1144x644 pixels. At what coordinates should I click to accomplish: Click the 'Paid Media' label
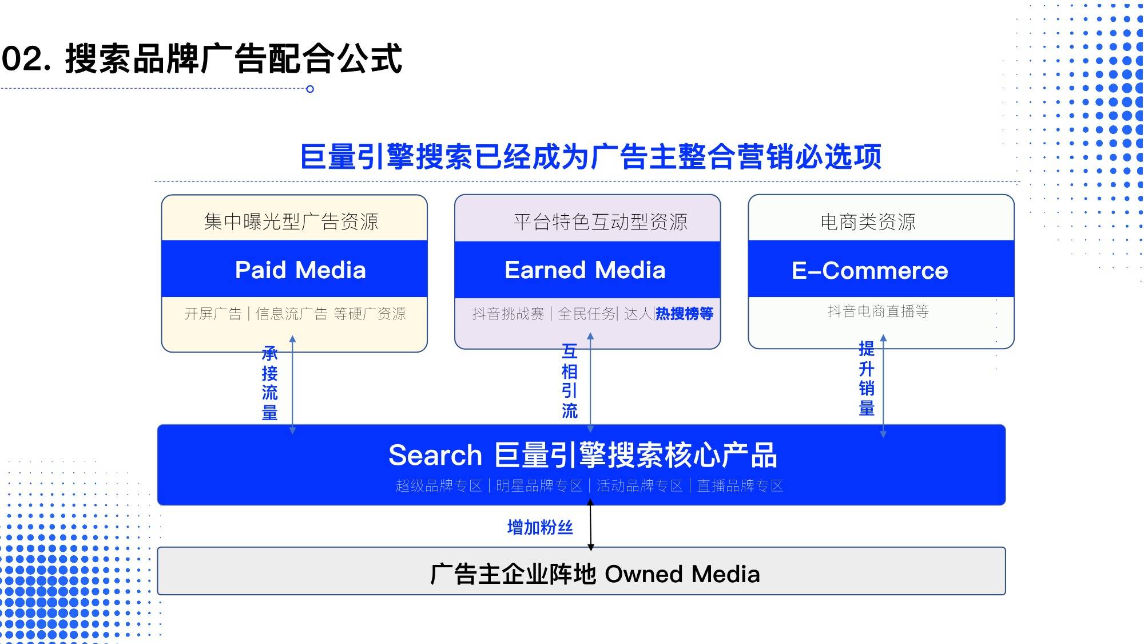pyautogui.click(x=300, y=270)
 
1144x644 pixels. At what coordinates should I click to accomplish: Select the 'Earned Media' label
pyautogui.click(x=585, y=270)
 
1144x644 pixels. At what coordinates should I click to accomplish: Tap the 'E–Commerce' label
pyautogui.click(x=869, y=271)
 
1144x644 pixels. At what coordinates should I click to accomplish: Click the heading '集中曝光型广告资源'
pyautogui.click(x=291, y=222)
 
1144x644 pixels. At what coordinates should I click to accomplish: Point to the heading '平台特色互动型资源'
pyautogui.click(x=600, y=222)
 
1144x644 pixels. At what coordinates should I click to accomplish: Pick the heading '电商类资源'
pyautogui.click(x=868, y=222)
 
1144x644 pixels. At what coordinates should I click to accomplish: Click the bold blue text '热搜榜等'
pyautogui.click(x=684, y=314)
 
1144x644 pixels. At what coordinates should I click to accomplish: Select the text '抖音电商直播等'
pyautogui.click(x=878, y=311)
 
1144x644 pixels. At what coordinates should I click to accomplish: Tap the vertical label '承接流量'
pyautogui.click(x=269, y=383)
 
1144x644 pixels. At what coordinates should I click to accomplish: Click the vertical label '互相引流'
pyautogui.click(x=569, y=381)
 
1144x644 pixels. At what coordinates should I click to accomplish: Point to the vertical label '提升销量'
pyautogui.click(x=867, y=378)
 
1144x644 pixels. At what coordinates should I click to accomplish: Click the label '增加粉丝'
pyautogui.click(x=540, y=527)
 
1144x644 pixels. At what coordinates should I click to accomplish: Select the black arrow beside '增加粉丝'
pyautogui.click(x=590, y=525)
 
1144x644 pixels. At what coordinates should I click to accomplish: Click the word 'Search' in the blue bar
pyautogui.click(x=435, y=456)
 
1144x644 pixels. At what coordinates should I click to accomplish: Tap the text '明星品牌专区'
pyautogui.click(x=539, y=486)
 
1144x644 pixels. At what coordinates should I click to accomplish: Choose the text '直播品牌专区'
pyautogui.click(x=740, y=486)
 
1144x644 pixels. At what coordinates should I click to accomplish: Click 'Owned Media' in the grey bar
pyautogui.click(x=682, y=574)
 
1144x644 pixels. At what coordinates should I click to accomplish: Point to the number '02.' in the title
pyautogui.click(x=26, y=58)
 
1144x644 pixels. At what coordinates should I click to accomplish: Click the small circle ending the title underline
pyautogui.click(x=310, y=89)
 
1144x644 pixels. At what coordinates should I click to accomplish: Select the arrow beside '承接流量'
pyautogui.click(x=292, y=385)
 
